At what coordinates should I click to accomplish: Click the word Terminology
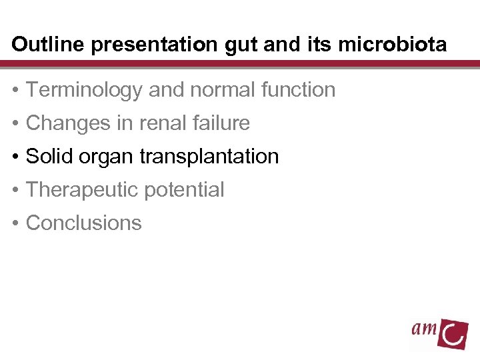tap(85, 90)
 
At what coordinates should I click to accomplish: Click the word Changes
tap(67, 123)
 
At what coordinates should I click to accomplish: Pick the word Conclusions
tap(83, 223)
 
